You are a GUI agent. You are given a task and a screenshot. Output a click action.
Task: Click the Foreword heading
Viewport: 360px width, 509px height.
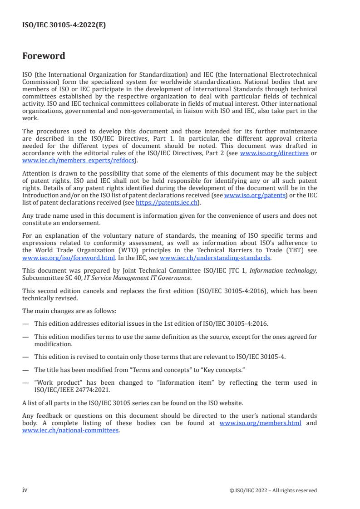(44, 56)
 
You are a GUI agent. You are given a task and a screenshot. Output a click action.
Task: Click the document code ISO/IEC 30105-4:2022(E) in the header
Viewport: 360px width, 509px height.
(64, 25)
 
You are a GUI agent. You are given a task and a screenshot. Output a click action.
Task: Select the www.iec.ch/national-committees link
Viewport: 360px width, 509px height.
(70, 430)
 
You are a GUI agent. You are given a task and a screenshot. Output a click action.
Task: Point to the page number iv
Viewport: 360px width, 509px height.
(25, 489)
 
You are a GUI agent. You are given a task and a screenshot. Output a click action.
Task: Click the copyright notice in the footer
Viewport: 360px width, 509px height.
(273, 490)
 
